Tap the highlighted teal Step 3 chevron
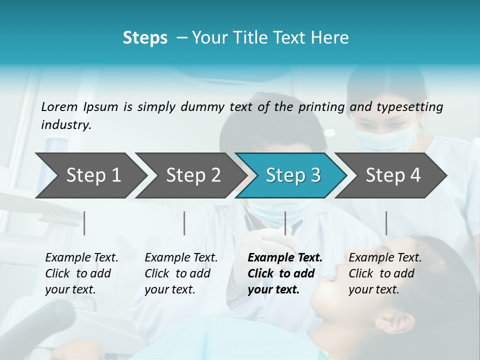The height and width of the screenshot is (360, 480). (x=293, y=175)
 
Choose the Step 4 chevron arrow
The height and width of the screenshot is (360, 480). (x=393, y=175)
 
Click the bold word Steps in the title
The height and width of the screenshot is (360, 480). (x=145, y=38)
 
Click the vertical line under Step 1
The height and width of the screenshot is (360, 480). (x=84, y=223)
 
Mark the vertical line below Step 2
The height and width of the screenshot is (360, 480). (x=184, y=223)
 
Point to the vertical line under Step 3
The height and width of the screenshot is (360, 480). (x=285, y=223)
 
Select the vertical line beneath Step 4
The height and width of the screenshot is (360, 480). (x=386, y=223)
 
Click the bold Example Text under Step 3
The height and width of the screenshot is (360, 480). (x=285, y=258)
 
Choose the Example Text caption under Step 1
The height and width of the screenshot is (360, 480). (x=81, y=258)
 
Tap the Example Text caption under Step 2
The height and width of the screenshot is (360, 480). (x=181, y=258)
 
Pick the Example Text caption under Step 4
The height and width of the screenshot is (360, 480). (x=385, y=258)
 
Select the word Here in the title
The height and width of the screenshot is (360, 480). (x=332, y=38)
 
